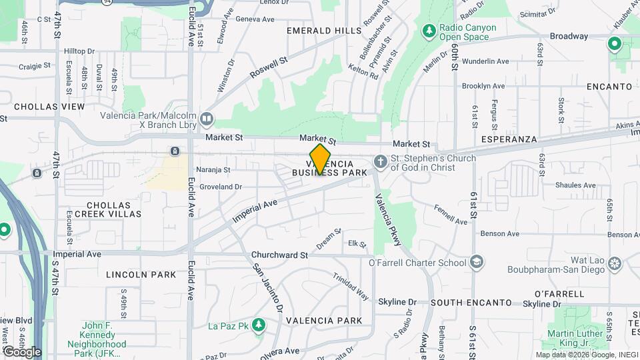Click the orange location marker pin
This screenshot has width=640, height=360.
[320, 159]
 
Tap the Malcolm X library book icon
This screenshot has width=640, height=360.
[207, 119]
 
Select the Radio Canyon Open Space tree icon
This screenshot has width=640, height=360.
[429, 31]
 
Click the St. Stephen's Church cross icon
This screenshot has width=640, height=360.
[380, 162]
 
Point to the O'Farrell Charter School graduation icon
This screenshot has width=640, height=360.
[476, 261]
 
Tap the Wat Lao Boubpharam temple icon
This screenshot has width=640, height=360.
[615, 267]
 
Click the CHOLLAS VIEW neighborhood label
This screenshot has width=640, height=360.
[49, 107]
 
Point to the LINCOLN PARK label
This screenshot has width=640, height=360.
[141, 275]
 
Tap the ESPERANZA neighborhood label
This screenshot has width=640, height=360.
[509, 139]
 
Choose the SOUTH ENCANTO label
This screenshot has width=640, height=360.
[470, 302]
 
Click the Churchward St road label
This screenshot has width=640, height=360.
[279, 255]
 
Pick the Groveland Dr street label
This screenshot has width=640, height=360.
[220, 187]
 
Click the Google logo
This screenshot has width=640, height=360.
[22, 351]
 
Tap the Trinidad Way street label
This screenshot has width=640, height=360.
[351, 287]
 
